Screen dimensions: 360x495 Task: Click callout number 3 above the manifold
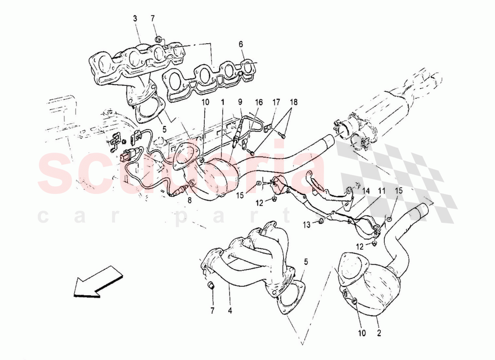(135, 18)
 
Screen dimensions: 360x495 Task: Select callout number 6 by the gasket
(241, 44)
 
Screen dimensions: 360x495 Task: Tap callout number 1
(222, 103)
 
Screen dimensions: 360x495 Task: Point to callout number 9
(240, 103)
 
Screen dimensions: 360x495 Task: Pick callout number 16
(259, 103)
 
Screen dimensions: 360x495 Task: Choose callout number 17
(276, 103)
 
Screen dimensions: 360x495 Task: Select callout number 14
(366, 191)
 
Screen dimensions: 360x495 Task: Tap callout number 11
(382, 191)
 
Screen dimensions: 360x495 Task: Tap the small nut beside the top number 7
(158, 40)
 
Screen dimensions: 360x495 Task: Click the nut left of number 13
(319, 221)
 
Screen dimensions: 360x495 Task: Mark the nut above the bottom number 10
(354, 301)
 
